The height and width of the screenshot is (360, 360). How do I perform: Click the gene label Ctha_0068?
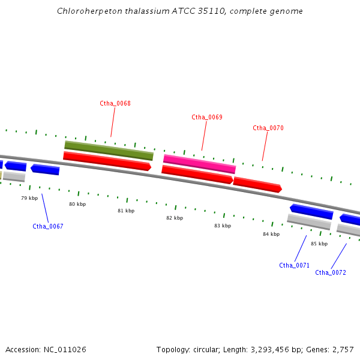(x=115, y=103)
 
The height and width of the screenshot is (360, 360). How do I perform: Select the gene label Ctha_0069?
(x=207, y=117)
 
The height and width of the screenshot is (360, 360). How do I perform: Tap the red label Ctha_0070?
(x=268, y=128)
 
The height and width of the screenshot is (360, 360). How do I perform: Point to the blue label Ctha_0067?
(x=48, y=226)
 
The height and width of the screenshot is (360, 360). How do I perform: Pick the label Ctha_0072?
(x=331, y=272)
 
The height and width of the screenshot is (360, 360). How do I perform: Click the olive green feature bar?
(x=109, y=151)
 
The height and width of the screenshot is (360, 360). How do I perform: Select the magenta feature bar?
(x=199, y=164)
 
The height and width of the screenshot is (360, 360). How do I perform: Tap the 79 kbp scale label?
(x=29, y=198)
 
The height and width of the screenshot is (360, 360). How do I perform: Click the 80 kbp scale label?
(x=77, y=204)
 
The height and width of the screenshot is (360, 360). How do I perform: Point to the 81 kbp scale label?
(x=126, y=211)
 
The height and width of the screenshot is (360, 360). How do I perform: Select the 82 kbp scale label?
(x=175, y=218)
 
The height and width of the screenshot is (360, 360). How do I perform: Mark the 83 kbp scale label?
(x=223, y=226)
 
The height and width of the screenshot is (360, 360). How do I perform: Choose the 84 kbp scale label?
(x=271, y=234)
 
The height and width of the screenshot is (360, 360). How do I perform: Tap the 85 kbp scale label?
(x=319, y=244)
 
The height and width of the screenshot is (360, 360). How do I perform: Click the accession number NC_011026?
(x=64, y=349)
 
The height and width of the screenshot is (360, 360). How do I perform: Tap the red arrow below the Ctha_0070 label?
(x=257, y=184)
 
